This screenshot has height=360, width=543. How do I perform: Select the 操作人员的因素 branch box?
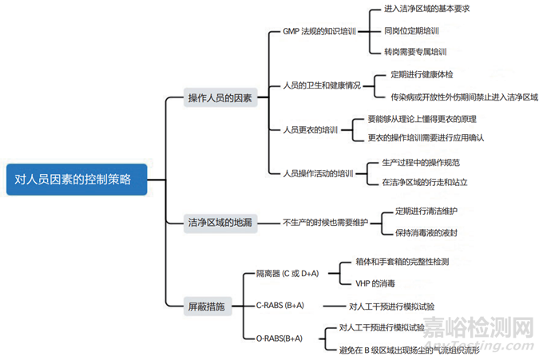tap(220, 98)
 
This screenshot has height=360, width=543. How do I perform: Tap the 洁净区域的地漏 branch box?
tap(220, 223)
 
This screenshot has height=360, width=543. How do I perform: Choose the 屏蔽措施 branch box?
tap(206, 306)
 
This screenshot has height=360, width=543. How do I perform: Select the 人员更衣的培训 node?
tap(311, 129)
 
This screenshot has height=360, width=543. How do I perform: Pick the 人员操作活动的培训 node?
tap(318, 172)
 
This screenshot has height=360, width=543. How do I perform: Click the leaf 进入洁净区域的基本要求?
tap(427, 10)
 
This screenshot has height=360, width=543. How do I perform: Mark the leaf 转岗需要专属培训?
tap(415, 52)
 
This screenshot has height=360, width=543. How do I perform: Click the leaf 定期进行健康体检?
tap(422, 74)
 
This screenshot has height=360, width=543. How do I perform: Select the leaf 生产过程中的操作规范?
tap(421, 162)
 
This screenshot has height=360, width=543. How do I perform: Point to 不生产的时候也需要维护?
tap(325, 223)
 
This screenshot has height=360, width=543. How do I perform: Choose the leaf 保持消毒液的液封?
tap(426, 233)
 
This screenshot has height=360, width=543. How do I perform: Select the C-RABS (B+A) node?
tap(279, 306)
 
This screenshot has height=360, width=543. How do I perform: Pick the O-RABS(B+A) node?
tap(279, 338)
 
